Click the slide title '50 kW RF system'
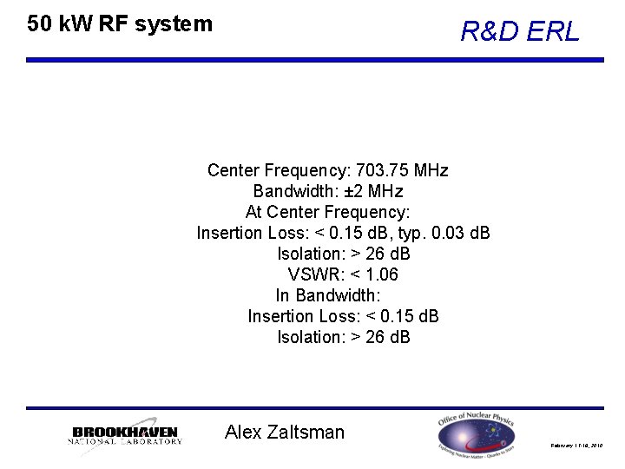(x=120, y=24)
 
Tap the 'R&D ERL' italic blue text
(x=519, y=32)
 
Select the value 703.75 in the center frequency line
(x=380, y=169)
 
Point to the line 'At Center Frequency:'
(x=327, y=212)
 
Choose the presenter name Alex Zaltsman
(x=284, y=432)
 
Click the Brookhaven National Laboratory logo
(x=125, y=436)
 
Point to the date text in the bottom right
(x=576, y=446)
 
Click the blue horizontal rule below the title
(x=314, y=60)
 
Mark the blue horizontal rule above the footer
(x=314, y=407)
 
